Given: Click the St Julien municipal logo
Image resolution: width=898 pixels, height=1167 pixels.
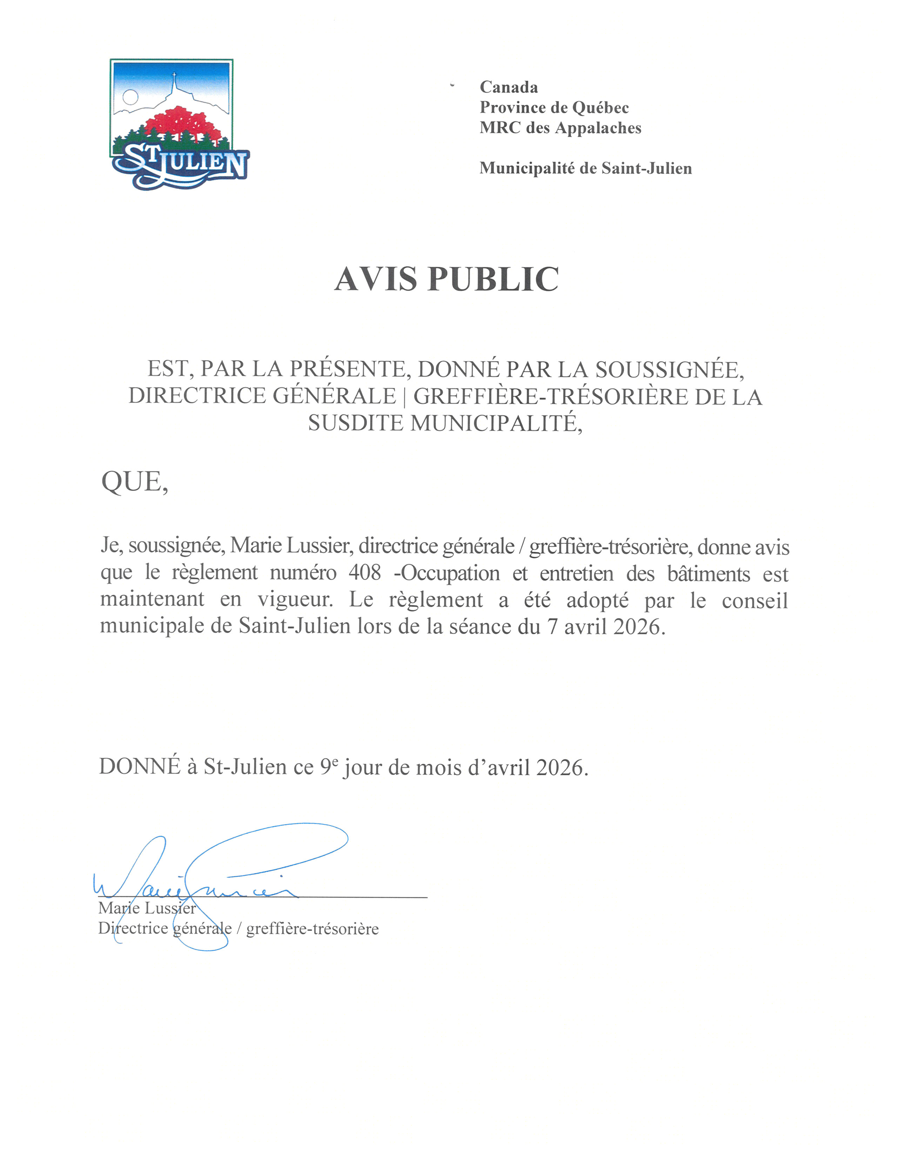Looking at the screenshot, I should tap(179, 124).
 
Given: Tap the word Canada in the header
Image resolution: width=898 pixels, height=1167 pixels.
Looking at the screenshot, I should tap(508, 87).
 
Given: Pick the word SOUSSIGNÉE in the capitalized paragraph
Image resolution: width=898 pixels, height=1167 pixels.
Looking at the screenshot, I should tap(669, 369).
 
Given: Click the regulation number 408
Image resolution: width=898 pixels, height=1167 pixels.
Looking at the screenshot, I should tap(364, 573).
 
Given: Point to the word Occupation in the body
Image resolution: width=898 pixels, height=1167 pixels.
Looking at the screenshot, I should tap(450, 573).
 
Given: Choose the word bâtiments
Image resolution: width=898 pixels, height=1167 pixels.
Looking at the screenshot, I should tap(708, 573).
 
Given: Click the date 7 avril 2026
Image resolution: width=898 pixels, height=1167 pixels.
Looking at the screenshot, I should tap(605, 626).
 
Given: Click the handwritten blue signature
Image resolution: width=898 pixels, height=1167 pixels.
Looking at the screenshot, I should tap(214, 876).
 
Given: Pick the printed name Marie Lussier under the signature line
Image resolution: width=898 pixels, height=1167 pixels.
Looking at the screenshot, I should tap(147, 908).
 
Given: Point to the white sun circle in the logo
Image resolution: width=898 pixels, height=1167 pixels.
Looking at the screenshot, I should tap(130, 97).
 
